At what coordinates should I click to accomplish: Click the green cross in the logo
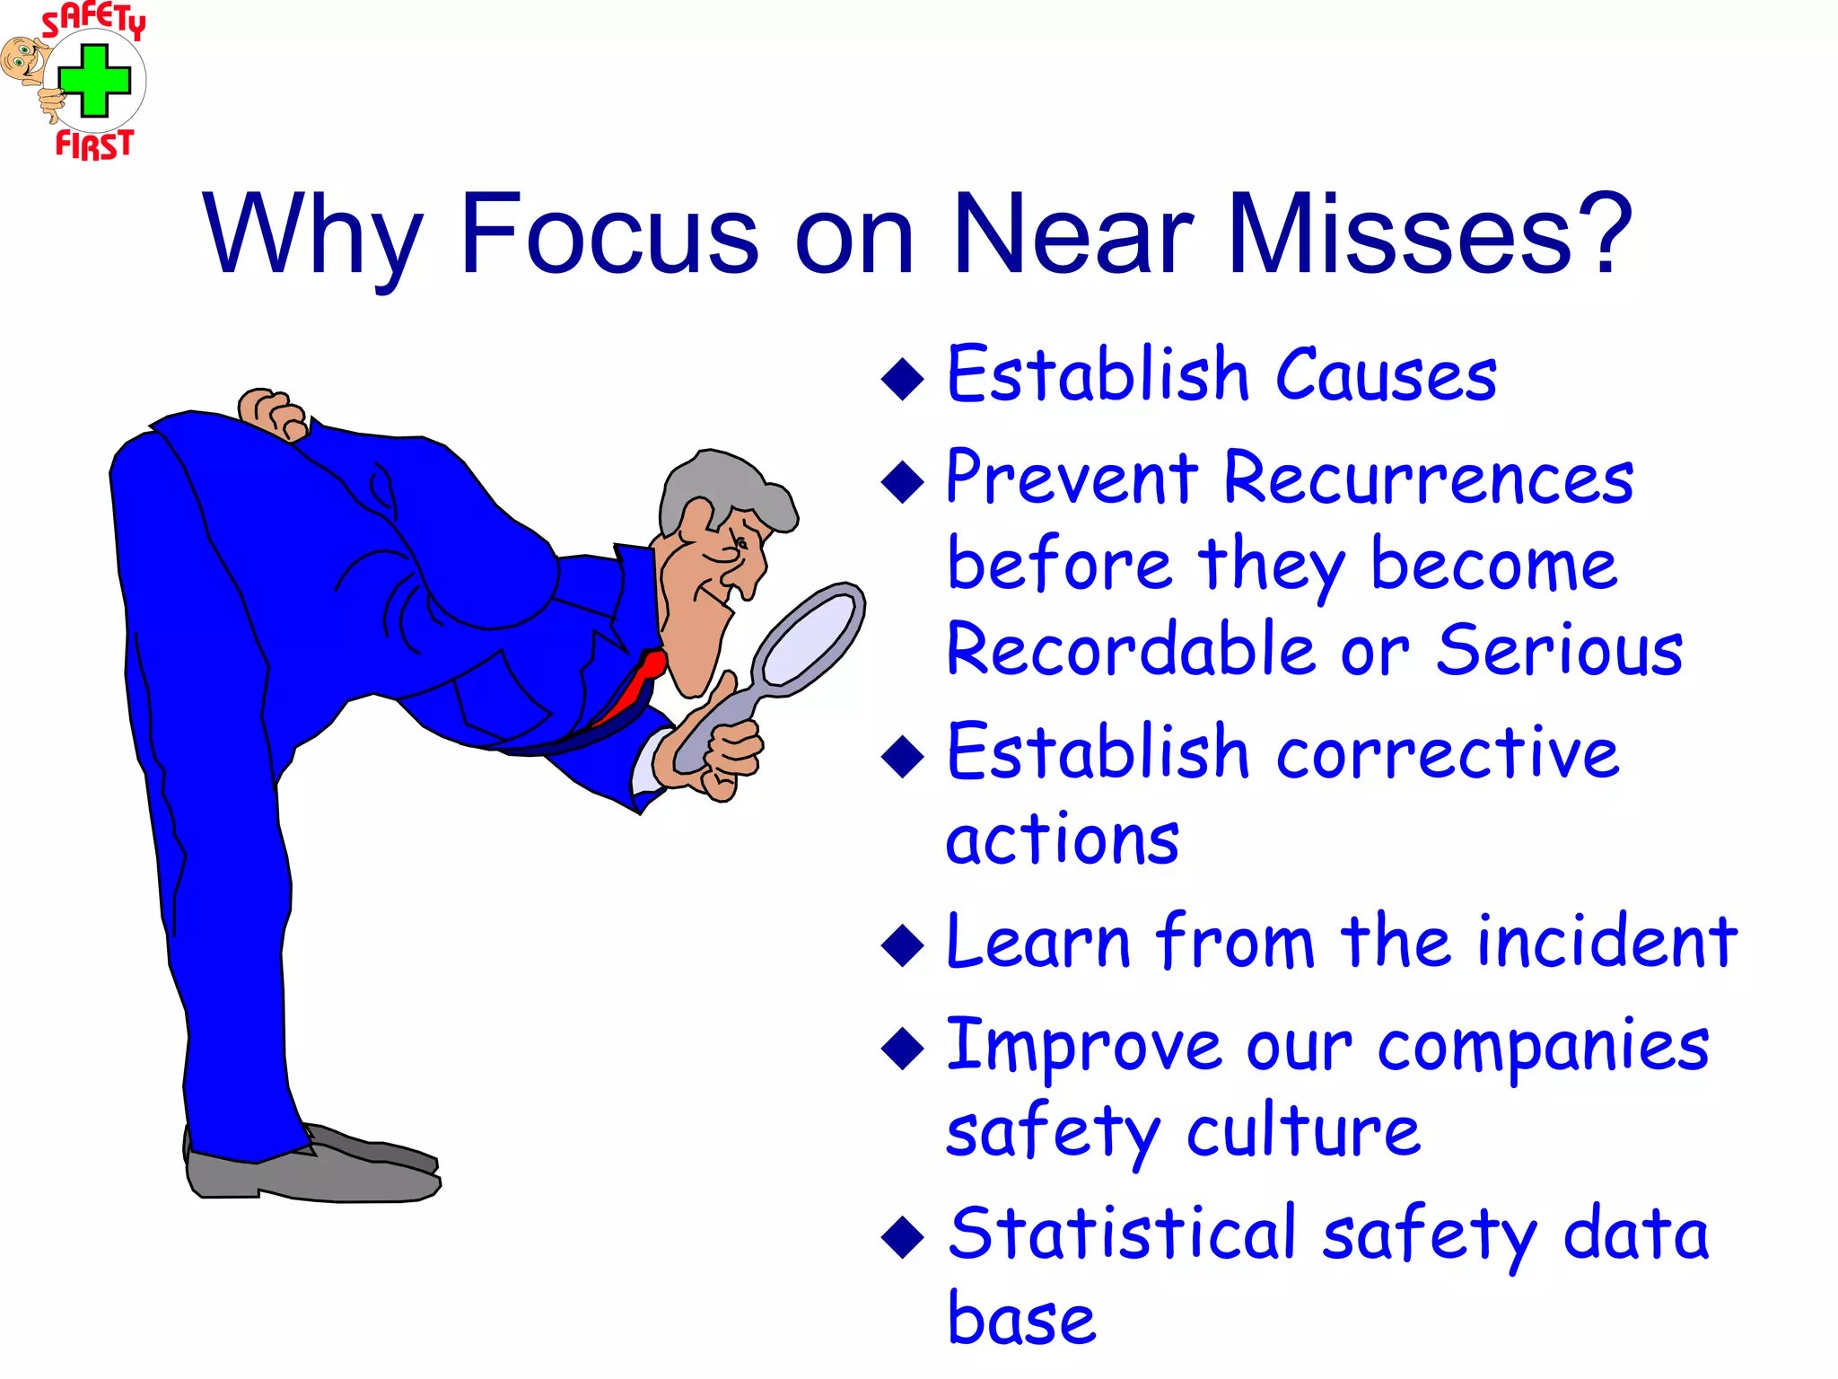click(94, 81)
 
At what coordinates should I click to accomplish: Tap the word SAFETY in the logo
click(93, 21)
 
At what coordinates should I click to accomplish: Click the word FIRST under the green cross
click(94, 144)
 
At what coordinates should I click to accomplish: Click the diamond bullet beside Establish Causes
click(902, 378)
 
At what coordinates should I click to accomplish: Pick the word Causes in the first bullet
click(1387, 375)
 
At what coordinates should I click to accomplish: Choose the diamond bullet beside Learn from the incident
click(902, 945)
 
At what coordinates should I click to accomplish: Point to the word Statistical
click(1123, 1234)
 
